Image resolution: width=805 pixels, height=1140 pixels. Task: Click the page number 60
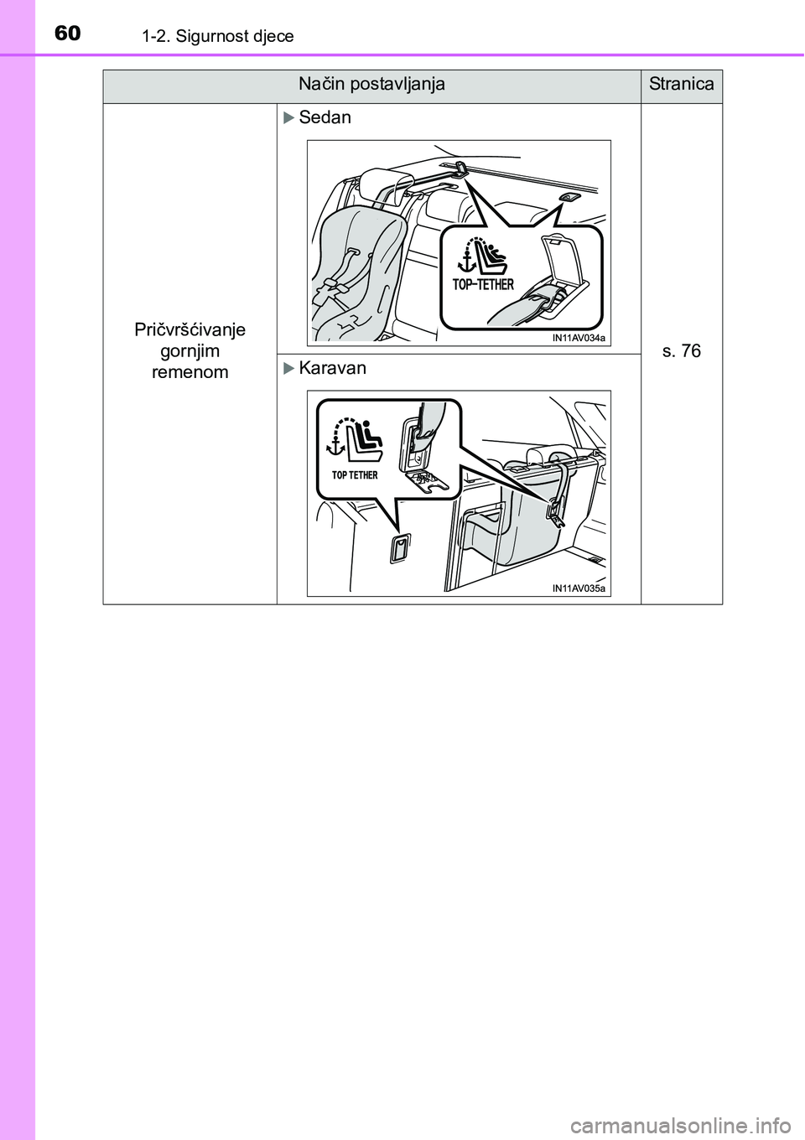pos(67,34)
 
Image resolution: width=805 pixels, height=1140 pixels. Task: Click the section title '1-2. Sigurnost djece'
pos(218,37)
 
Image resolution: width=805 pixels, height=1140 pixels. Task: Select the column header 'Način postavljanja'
pos(371,84)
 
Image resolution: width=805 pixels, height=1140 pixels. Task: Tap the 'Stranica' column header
pos(681,84)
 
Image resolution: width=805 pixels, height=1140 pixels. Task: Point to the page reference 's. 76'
pos(681,350)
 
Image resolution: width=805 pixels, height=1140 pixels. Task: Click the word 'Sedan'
pos(325,117)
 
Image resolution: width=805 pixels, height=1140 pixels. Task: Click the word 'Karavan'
pos(333,367)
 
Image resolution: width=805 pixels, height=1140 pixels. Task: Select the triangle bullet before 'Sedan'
pos(288,118)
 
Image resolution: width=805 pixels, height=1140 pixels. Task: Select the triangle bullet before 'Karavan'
pos(288,368)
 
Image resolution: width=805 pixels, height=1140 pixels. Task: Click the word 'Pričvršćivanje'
pos(190,330)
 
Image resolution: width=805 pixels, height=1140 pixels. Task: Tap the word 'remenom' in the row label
pos(190,372)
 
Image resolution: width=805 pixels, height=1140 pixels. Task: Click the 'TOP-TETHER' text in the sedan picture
pos(483,284)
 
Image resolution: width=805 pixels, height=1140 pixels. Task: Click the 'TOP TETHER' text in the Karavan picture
pos(355,474)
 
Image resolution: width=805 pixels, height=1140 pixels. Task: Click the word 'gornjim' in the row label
pos(190,352)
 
